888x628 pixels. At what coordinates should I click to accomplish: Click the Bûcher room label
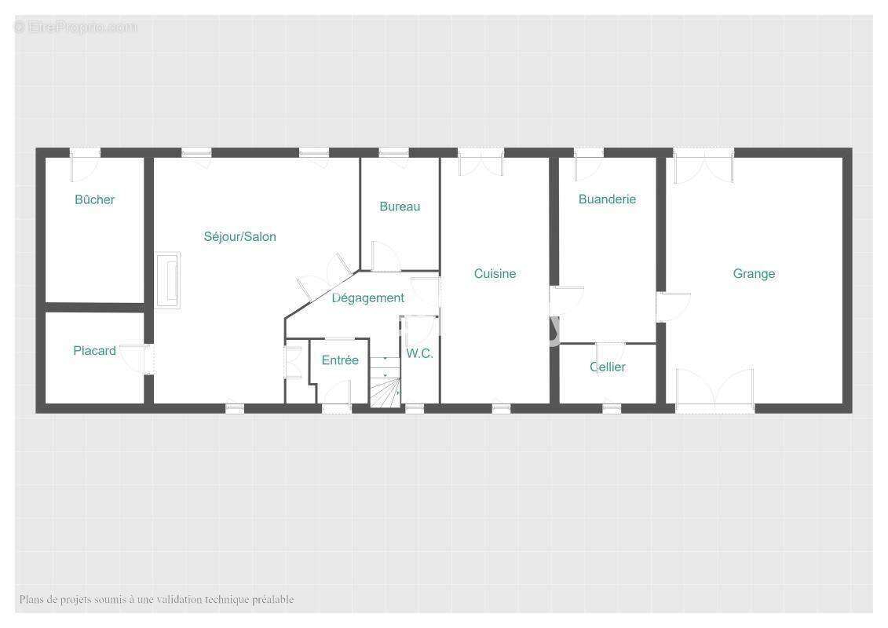pos(94,199)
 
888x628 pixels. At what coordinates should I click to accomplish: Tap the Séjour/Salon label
pos(240,237)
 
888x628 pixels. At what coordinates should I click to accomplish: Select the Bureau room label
pos(400,206)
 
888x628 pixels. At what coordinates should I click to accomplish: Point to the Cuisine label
pos(495,273)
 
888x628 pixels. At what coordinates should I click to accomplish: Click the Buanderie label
pos(607,199)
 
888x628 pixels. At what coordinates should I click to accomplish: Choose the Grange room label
pos(754,273)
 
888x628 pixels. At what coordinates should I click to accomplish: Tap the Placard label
pos(94,351)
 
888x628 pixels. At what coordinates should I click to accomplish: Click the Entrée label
pos(340,360)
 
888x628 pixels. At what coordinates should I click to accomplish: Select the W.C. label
pos(419,353)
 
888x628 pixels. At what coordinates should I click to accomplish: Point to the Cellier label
pos(608,367)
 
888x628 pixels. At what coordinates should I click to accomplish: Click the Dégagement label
pos(368,298)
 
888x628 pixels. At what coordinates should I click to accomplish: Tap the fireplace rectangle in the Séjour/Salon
pos(168,280)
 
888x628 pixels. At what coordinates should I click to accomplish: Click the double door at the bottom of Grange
pos(715,389)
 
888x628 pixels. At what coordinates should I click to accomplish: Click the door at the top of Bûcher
pos(84,165)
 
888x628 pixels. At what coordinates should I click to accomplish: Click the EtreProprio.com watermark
pos(75,27)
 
